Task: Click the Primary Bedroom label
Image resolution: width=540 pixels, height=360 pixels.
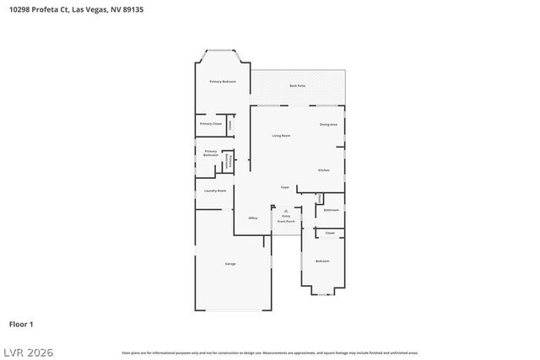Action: tap(223, 81)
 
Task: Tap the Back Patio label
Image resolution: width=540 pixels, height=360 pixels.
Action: tap(297, 86)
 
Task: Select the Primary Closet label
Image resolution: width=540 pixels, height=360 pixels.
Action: tap(211, 124)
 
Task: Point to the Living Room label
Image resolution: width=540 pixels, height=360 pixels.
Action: tap(281, 135)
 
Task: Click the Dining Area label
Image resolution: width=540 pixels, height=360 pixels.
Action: tap(328, 125)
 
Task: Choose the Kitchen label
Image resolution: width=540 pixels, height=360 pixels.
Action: tap(324, 170)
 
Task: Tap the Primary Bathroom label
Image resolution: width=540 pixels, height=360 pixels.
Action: tap(211, 153)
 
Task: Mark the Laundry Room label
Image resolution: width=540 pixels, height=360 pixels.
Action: tap(215, 191)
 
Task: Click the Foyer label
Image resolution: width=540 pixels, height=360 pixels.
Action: tap(286, 187)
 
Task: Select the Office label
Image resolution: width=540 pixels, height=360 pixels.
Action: tap(252, 218)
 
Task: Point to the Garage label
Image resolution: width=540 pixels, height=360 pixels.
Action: tap(229, 264)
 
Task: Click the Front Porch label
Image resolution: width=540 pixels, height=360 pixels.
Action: tap(285, 222)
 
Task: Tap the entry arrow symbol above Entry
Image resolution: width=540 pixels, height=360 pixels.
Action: tap(285, 211)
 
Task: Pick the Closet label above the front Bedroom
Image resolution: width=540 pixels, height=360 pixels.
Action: tap(330, 233)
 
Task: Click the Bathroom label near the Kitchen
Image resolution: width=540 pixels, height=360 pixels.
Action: tap(332, 210)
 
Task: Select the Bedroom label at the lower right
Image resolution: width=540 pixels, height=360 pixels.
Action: tap(322, 261)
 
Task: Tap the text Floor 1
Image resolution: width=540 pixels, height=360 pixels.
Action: tap(21, 324)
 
